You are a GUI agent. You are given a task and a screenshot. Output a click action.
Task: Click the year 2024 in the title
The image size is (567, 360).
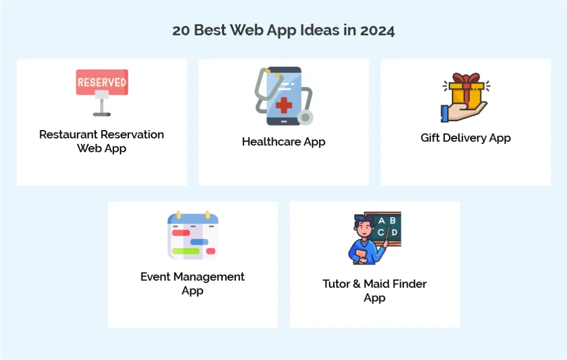coord(377,30)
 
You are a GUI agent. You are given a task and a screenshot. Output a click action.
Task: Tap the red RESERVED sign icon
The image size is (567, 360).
coord(102,83)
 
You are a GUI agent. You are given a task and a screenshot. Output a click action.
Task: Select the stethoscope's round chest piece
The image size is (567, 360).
coord(305,117)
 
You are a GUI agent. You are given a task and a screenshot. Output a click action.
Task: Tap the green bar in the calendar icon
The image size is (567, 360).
coord(185,251)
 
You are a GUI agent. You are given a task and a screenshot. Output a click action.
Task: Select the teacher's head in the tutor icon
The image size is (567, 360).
coord(362,225)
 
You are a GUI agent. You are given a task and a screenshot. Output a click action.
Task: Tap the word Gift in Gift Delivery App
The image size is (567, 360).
coord(430,138)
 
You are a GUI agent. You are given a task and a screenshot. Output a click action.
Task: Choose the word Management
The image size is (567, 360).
coord(209,277)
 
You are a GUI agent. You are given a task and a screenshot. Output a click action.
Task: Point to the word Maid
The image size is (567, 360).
coord(379,284)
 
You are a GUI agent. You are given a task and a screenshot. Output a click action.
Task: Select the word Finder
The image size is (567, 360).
coord(410,284)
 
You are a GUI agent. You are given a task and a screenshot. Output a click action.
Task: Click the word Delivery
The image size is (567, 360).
coord(465,138)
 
